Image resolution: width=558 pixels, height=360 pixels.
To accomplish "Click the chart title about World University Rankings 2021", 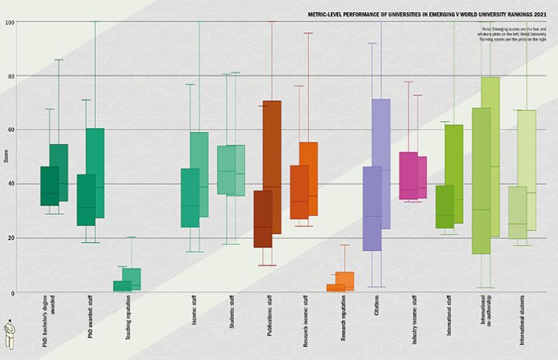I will [429, 14].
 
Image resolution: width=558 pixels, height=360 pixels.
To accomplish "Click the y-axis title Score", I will [6, 157].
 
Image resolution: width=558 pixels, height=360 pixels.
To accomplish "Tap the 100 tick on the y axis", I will [10, 22].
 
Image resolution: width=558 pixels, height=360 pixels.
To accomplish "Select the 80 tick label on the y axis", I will [11, 76].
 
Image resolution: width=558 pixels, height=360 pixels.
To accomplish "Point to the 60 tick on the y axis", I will [11, 130].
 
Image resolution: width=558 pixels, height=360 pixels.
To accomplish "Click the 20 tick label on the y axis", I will [11, 238].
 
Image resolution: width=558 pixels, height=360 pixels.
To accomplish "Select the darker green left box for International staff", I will [444, 206].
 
